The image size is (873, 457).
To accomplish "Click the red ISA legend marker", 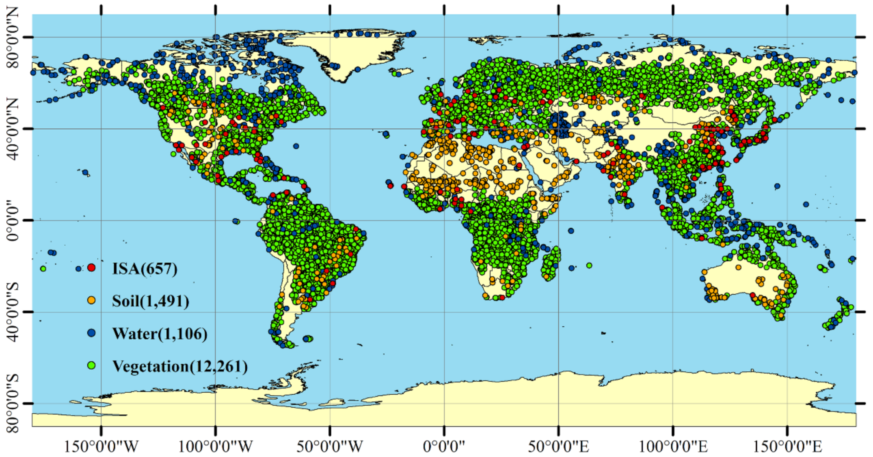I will coord(91,268).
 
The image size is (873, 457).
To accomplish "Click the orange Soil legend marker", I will coord(91,300).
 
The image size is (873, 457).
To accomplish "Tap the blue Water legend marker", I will coord(91,333).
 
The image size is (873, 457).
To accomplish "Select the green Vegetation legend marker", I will coord(91,365).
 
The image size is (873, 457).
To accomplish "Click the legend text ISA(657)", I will coord(145,268).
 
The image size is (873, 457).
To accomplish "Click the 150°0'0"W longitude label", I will coord(101,447).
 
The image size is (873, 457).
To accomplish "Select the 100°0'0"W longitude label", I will coord(216,447).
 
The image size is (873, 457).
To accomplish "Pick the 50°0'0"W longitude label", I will coord(330,447).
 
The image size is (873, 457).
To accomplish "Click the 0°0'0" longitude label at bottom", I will coord(444,447).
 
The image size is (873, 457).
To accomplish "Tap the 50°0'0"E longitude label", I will coord(558,447).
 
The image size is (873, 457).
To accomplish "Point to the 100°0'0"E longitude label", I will coord(673,447).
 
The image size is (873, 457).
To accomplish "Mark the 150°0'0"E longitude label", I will coord(787,447).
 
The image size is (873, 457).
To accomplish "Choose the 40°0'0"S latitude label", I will coord(13,311).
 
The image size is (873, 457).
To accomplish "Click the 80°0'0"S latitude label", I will coord(13,403).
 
